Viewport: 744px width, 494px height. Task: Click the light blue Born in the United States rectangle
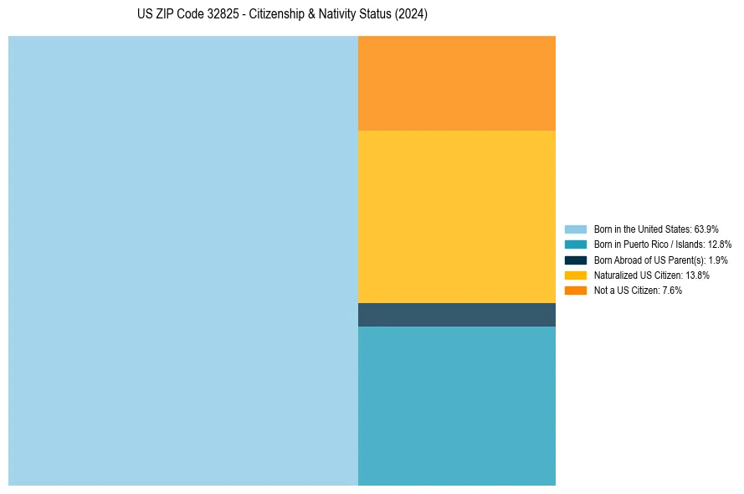[x=183, y=260]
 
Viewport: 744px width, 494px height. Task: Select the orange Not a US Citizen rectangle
[x=457, y=83]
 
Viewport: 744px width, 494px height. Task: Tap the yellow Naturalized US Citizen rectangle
[x=457, y=217]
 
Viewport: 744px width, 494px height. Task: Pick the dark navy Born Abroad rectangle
[x=457, y=315]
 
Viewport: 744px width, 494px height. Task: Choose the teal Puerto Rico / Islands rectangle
[x=457, y=406]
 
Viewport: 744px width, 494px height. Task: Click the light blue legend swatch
[x=576, y=229]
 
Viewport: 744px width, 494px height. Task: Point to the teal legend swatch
[x=576, y=244]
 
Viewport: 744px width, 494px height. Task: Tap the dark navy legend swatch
[x=576, y=260]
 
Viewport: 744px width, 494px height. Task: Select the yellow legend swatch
[x=576, y=275]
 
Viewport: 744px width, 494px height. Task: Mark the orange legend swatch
[x=576, y=291]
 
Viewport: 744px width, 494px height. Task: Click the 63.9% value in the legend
[x=706, y=229]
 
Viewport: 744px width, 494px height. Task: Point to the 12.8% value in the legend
[x=720, y=244]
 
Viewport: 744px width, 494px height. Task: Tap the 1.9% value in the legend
[x=718, y=260]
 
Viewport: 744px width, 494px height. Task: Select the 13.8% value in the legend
[x=697, y=275]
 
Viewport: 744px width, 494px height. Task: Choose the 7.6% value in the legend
[x=672, y=291]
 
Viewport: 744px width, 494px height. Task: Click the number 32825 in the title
[x=223, y=13]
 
